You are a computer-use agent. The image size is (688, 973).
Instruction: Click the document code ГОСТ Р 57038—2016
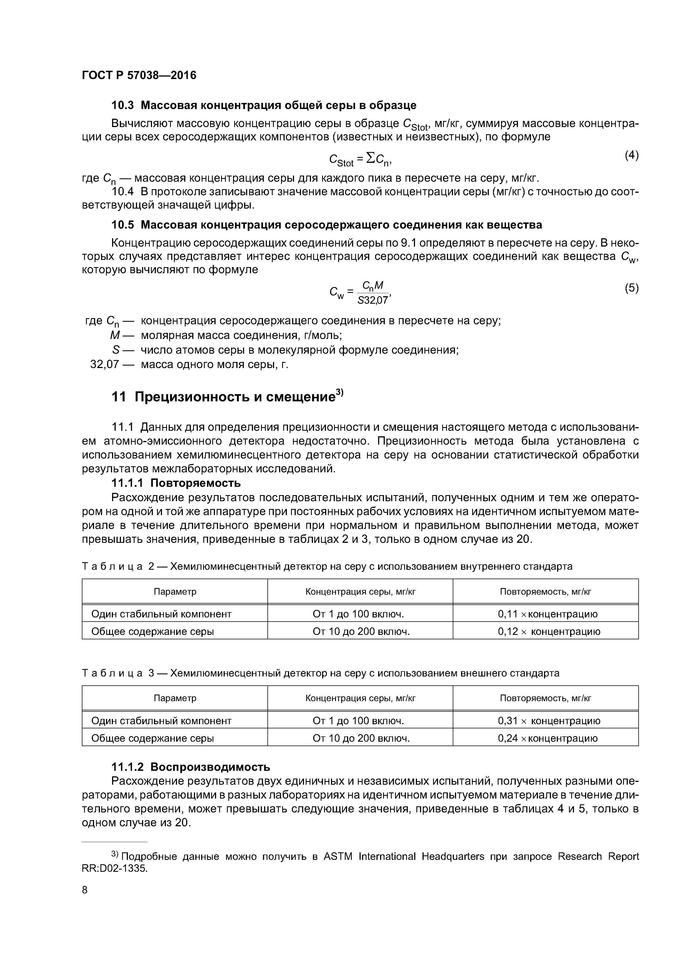tap(139, 75)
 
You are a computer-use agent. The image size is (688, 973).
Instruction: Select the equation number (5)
tap(631, 288)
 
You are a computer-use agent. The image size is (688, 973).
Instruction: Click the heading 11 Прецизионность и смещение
tap(227, 397)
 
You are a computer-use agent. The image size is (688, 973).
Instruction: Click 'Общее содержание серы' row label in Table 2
tap(153, 632)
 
